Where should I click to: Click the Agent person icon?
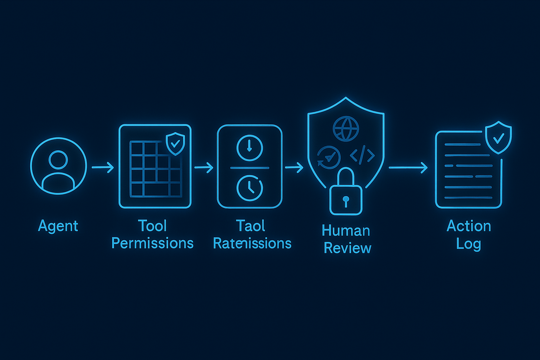pos(58,166)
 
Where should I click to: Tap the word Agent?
pos(58,226)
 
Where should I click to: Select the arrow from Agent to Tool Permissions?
pos(103,167)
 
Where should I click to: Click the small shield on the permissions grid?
pos(175,143)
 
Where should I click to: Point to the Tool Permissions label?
pos(152,234)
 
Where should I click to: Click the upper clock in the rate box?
pos(250,148)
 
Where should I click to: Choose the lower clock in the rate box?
pos(250,188)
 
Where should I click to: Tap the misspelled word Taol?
pos(250,226)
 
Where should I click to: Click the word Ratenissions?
pos(252,243)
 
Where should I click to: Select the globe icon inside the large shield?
pos(346,129)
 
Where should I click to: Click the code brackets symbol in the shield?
pos(362,155)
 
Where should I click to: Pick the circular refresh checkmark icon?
pos(329,157)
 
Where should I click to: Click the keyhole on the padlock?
pos(346,200)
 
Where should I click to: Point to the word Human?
pos(346,231)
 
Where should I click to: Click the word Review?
pos(347,248)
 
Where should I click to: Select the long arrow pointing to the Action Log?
pos(408,168)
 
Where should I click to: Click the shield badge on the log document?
pos(498,137)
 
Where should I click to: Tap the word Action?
pos(469,226)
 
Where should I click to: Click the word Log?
pos(468,244)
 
